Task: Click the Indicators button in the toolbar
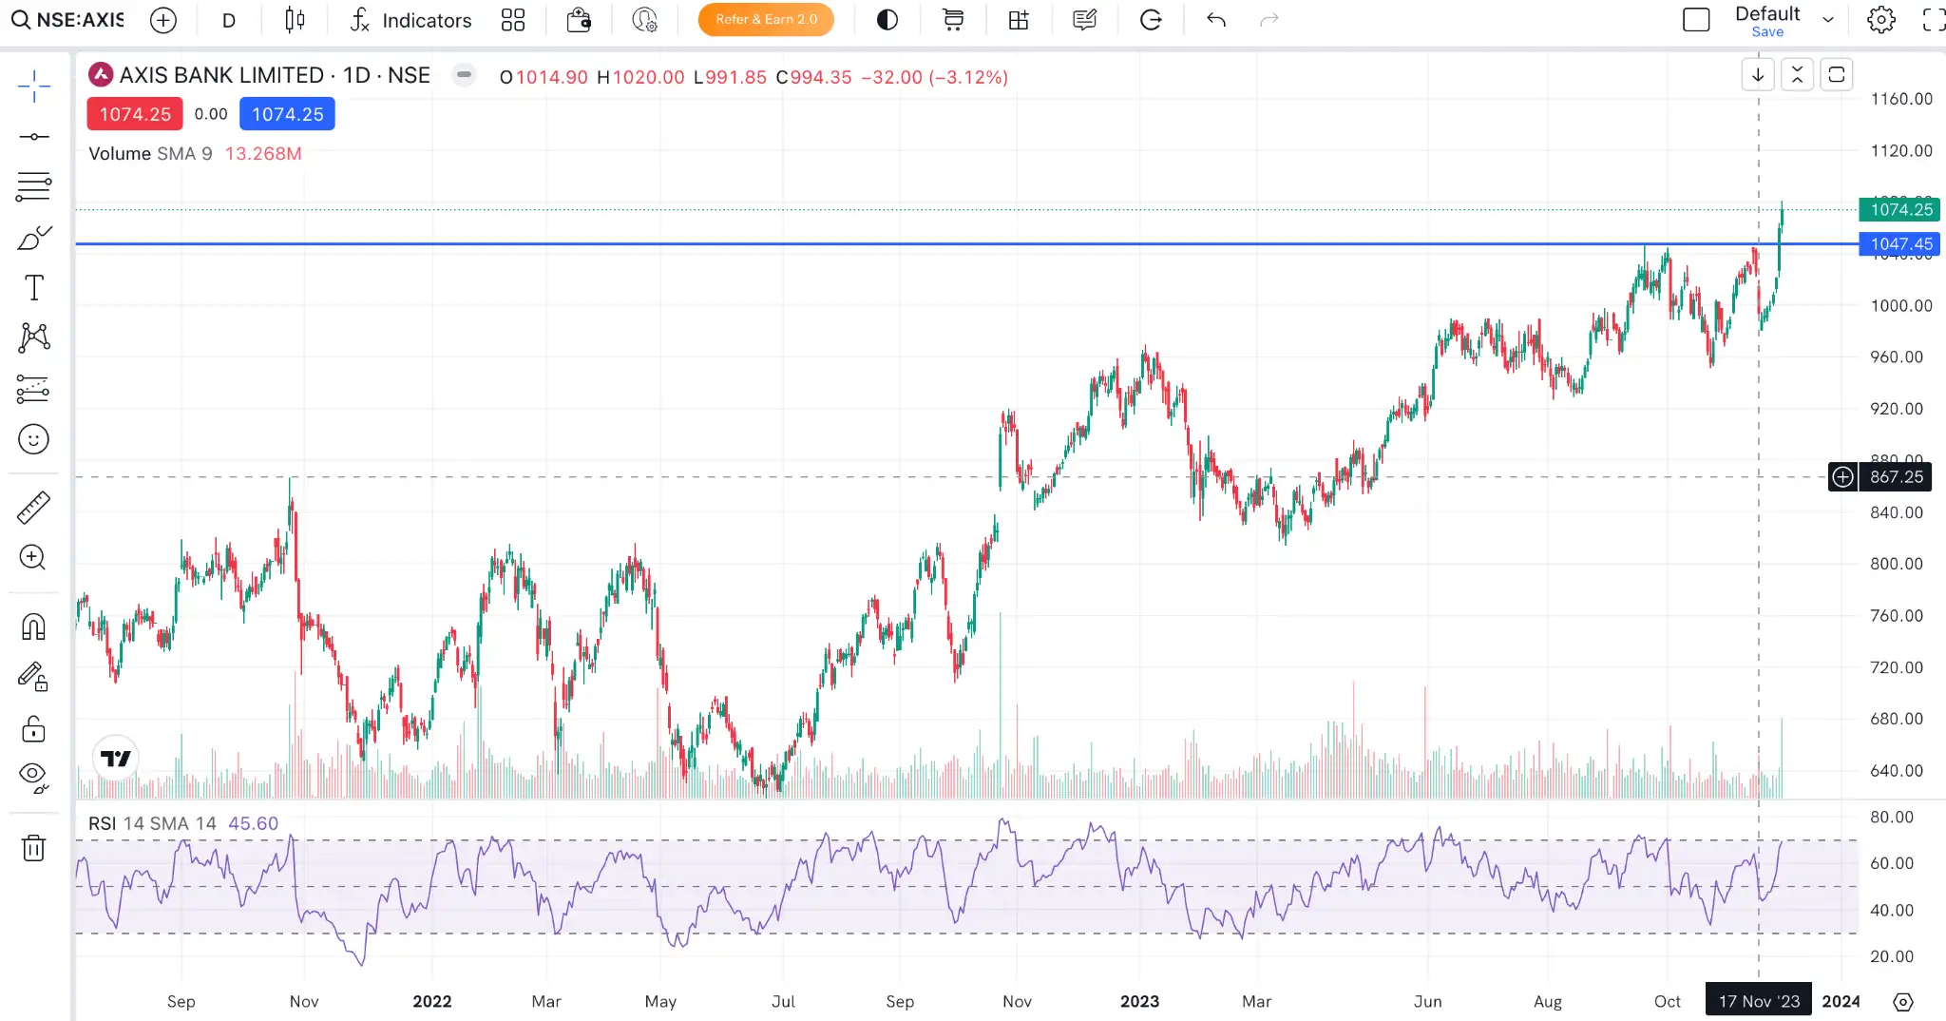(410, 20)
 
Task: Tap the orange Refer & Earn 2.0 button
(766, 20)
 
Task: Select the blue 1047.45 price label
(1899, 244)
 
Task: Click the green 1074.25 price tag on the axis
(1899, 210)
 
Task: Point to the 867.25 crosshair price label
(1895, 477)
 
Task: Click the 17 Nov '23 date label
(1758, 1001)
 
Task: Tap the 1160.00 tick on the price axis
(1900, 99)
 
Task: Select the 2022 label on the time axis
(432, 1001)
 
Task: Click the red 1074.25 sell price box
(135, 114)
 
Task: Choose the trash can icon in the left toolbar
(33, 847)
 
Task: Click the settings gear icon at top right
(1880, 20)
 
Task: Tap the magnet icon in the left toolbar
(33, 627)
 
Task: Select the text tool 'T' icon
(33, 287)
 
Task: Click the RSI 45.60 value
(253, 823)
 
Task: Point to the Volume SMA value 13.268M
(263, 153)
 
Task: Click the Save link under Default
(1766, 32)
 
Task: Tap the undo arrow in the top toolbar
(1216, 20)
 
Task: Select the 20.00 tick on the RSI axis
(1891, 956)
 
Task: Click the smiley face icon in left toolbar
(33, 439)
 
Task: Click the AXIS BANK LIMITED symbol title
(221, 75)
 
